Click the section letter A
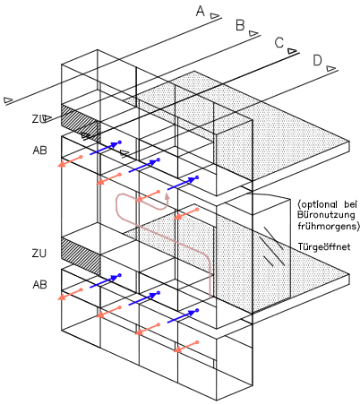201,12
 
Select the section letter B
240,25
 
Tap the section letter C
279,42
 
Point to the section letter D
318,60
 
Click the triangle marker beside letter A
215,16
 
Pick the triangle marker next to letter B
253,33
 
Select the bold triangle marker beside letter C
292,51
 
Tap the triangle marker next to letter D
331,68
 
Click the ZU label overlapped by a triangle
39,119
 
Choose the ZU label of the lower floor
39,254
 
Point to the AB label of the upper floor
39,150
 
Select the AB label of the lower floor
39,285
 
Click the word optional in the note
318,205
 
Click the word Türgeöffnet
324,247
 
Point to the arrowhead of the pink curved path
167,196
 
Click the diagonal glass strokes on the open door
271,246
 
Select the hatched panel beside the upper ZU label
81,123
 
